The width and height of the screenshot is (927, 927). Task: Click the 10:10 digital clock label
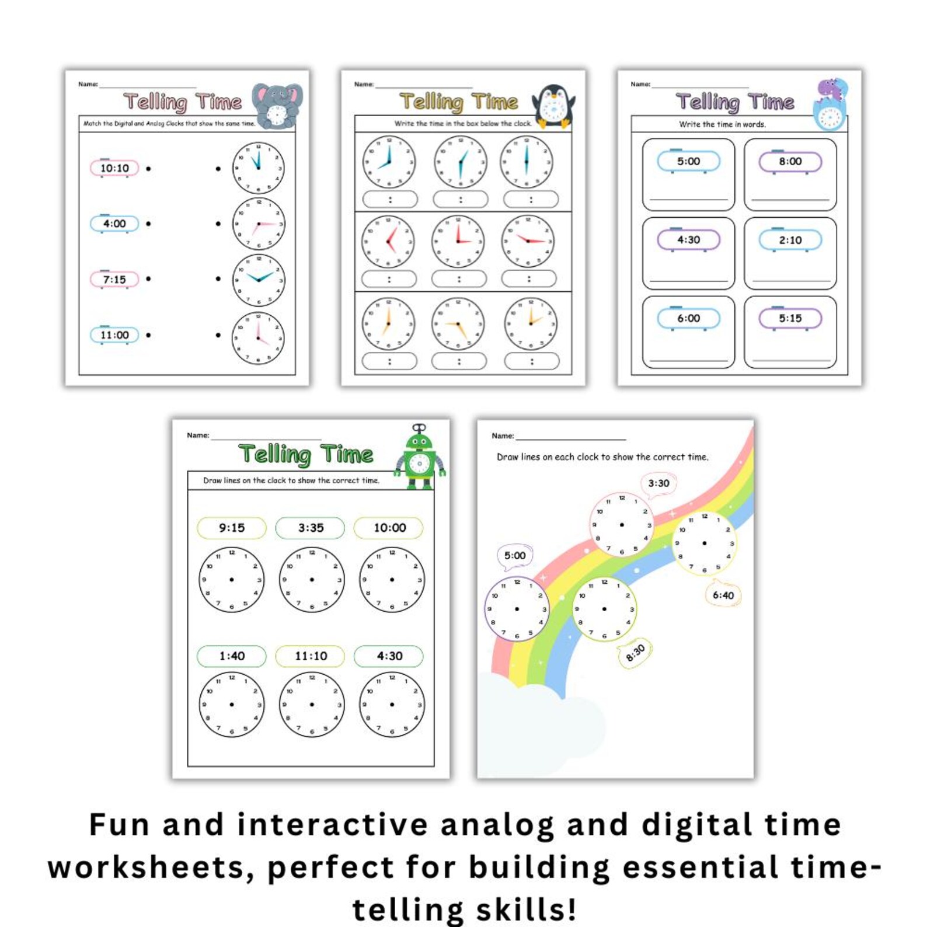114,168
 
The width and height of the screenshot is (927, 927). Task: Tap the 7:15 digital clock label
114,280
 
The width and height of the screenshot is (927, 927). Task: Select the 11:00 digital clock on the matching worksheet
114,335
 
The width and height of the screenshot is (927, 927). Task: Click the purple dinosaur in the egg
831,104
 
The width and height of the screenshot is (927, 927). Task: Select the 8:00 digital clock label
790,162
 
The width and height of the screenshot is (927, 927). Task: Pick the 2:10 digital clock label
790,240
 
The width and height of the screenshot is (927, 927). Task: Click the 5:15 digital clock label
790,318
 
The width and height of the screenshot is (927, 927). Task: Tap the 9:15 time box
232,528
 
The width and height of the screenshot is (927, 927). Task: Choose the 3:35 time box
311,528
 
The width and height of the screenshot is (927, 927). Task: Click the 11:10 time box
311,656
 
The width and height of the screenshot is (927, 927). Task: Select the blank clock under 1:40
232,704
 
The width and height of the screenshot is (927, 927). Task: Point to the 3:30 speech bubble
658,484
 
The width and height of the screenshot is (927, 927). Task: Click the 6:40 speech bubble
723,595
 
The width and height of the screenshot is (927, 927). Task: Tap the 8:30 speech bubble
635,653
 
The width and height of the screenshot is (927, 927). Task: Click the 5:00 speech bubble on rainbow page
515,556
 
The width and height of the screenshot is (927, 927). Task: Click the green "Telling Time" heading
306,454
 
